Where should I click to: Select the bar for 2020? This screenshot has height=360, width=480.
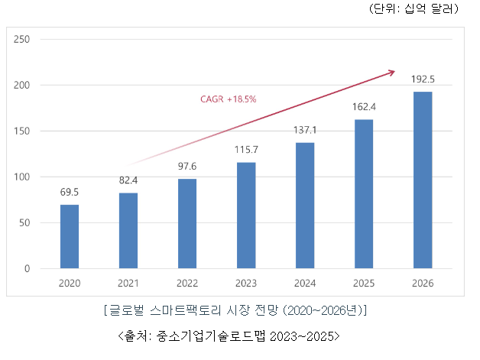click(x=70, y=237)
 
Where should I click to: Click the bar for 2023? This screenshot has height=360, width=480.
click(x=246, y=216)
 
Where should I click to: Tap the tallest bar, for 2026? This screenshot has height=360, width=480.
click(x=423, y=180)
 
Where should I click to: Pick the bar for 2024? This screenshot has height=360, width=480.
click(x=305, y=206)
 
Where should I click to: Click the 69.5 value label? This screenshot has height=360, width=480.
click(x=70, y=193)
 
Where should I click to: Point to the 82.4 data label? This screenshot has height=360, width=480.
click(x=128, y=181)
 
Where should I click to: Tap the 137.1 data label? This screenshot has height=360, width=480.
click(x=305, y=131)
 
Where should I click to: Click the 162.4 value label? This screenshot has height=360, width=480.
click(x=364, y=108)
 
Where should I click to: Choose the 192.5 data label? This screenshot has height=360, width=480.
click(x=423, y=79)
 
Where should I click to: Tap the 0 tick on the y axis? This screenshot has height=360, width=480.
click(x=26, y=269)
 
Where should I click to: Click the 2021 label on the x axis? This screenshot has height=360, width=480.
click(x=128, y=283)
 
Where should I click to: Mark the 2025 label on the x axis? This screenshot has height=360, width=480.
click(x=364, y=283)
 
